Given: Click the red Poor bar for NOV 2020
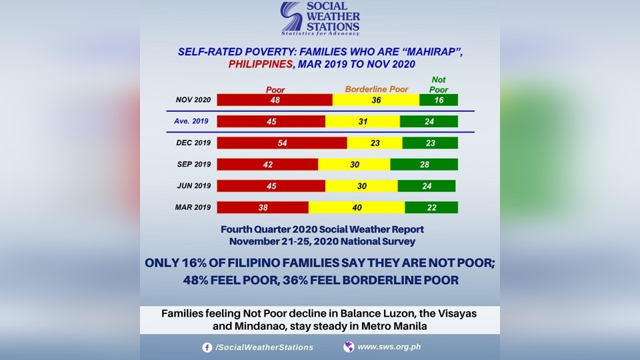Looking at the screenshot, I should pos(275,100).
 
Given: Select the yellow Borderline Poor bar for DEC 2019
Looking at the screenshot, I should pos(375,143).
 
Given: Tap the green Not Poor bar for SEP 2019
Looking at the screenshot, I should pos(424,165).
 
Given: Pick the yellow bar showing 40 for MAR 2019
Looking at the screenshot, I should pos(357,207).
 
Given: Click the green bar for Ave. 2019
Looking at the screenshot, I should pos(429,121).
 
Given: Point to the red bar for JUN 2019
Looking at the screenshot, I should pos(271,186).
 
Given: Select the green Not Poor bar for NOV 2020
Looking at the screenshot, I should pos(439,100).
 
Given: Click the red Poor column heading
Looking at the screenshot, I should pos(275,89).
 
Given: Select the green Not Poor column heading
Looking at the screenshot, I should pos(439,84).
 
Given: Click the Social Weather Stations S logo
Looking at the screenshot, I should pos(291,18).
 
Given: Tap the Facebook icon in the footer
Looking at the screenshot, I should pos(207,347).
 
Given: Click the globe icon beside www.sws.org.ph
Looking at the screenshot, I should pos(349,347).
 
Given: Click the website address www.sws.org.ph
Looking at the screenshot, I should pos(389,347).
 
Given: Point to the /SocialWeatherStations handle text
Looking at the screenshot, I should pos(264,347).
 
